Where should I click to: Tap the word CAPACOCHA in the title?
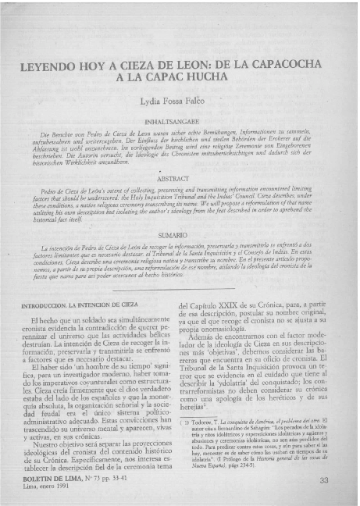point(292,67)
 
